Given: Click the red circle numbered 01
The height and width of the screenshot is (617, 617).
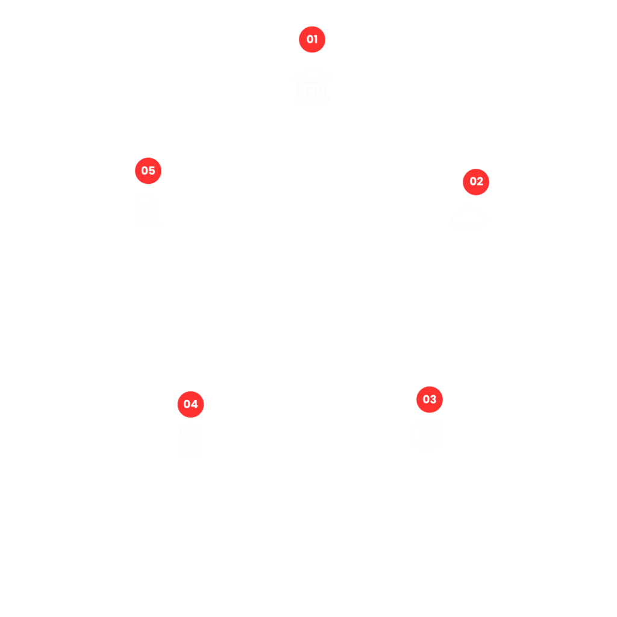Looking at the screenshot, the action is (312, 39).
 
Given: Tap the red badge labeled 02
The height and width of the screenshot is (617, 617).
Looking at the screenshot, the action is (476, 182).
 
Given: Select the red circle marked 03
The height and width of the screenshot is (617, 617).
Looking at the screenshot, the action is (430, 399).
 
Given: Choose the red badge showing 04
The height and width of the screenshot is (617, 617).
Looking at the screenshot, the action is (191, 404).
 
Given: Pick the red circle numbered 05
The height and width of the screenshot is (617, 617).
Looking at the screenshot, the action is (148, 171).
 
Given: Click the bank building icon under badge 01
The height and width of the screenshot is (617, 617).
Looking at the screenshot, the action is (312, 86).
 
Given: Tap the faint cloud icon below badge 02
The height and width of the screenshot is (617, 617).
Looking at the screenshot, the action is (469, 217).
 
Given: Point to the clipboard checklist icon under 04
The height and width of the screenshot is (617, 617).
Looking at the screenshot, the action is (191, 439).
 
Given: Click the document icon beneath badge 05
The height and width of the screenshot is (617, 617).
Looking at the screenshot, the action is (147, 210).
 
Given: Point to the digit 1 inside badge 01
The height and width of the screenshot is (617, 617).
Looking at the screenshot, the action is (316, 39).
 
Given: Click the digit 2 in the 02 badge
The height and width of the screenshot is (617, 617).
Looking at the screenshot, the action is (480, 182).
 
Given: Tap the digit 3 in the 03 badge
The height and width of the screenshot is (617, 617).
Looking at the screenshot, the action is (433, 399).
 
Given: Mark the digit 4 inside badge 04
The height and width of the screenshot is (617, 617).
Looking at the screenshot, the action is (195, 404).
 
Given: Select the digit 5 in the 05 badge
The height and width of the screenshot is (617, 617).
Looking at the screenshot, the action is (152, 171).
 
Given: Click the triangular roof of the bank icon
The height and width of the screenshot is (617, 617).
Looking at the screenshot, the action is (312, 75).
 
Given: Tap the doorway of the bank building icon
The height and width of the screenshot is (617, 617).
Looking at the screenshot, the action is (312, 92).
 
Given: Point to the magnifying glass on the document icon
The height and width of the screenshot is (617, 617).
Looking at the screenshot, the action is (151, 216).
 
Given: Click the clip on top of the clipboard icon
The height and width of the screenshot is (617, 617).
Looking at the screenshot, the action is (191, 428).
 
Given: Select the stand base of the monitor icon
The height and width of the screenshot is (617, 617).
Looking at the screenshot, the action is (428, 448).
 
